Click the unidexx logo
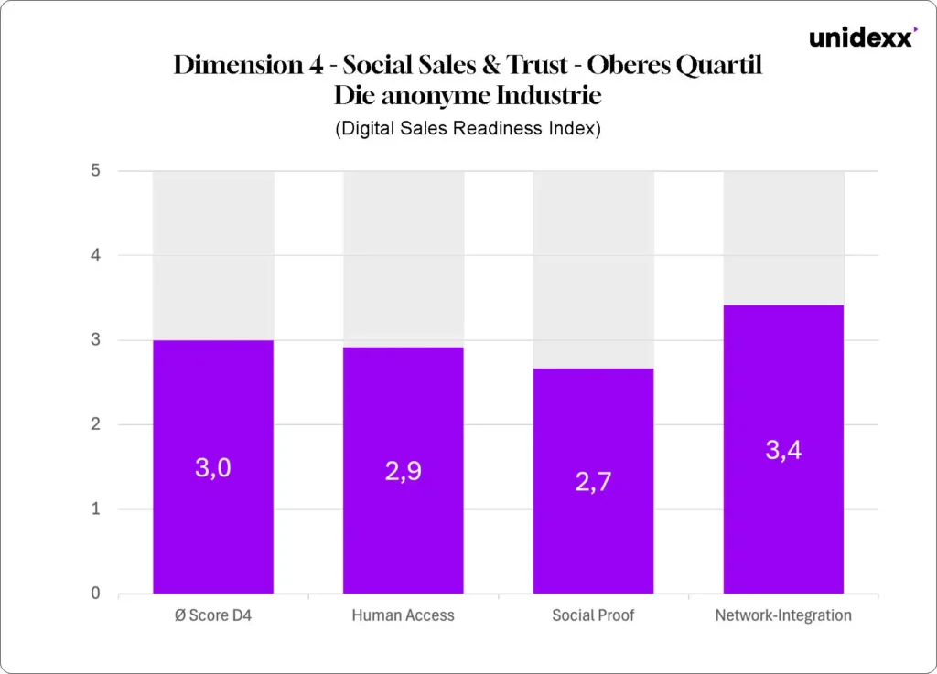coord(861,38)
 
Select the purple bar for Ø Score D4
coord(213,530)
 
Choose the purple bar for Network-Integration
coord(783,521)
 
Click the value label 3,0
coord(213,468)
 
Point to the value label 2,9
coord(404,473)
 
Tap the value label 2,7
coord(594,482)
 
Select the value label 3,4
coord(783,451)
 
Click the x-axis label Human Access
coord(404,615)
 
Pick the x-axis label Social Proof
coord(594,615)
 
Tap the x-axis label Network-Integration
coord(783,615)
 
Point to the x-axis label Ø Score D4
coord(213,615)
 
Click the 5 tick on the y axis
coord(96,171)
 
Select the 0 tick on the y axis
coord(96,594)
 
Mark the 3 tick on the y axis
coord(96,340)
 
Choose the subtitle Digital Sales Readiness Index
coord(468,129)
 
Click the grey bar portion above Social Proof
coord(594,270)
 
